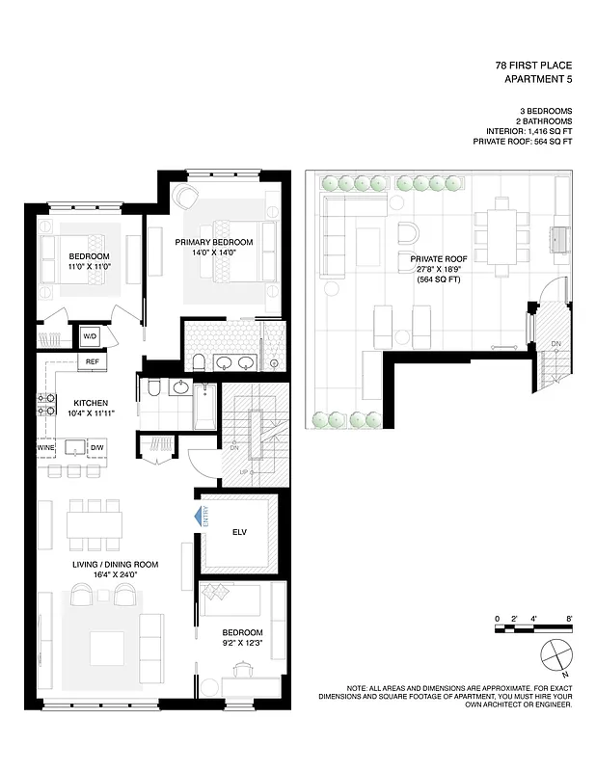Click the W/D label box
pyautogui.click(x=90, y=336)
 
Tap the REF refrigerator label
pyautogui.click(x=93, y=361)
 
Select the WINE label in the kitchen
pyautogui.click(x=46, y=448)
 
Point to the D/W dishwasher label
pyautogui.click(x=96, y=448)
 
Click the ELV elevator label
pyautogui.click(x=240, y=530)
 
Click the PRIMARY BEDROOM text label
pyautogui.click(x=214, y=242)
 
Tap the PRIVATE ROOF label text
pyautogui.click(x=434, y=259)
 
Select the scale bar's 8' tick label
pyautogui.click(x=570, y=617)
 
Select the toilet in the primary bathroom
pyautogui.click(x=198, y=362)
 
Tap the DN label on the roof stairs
pyautogui.click(x=555, y=343)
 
